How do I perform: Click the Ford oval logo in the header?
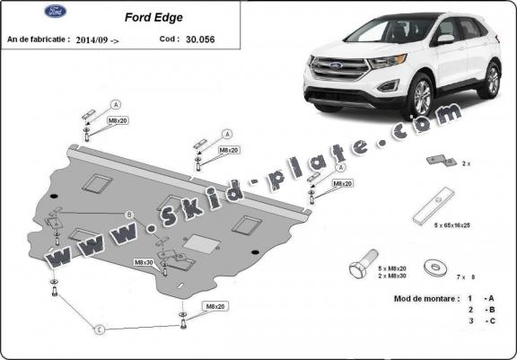pyautogui.click(x=28, y=13)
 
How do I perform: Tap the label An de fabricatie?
pyautogui.click(x=39, y=40)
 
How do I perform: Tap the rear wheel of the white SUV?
pyautogui.click(x=490, y=80)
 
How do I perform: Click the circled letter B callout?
pyautogui.click(x=129, y=215)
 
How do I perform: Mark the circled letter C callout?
pyautogui.click(x=100, y=330)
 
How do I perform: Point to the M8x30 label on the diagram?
pyautogui.click(x=144, y=262)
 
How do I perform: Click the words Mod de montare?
pyautogui.click(x=424, y=297)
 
